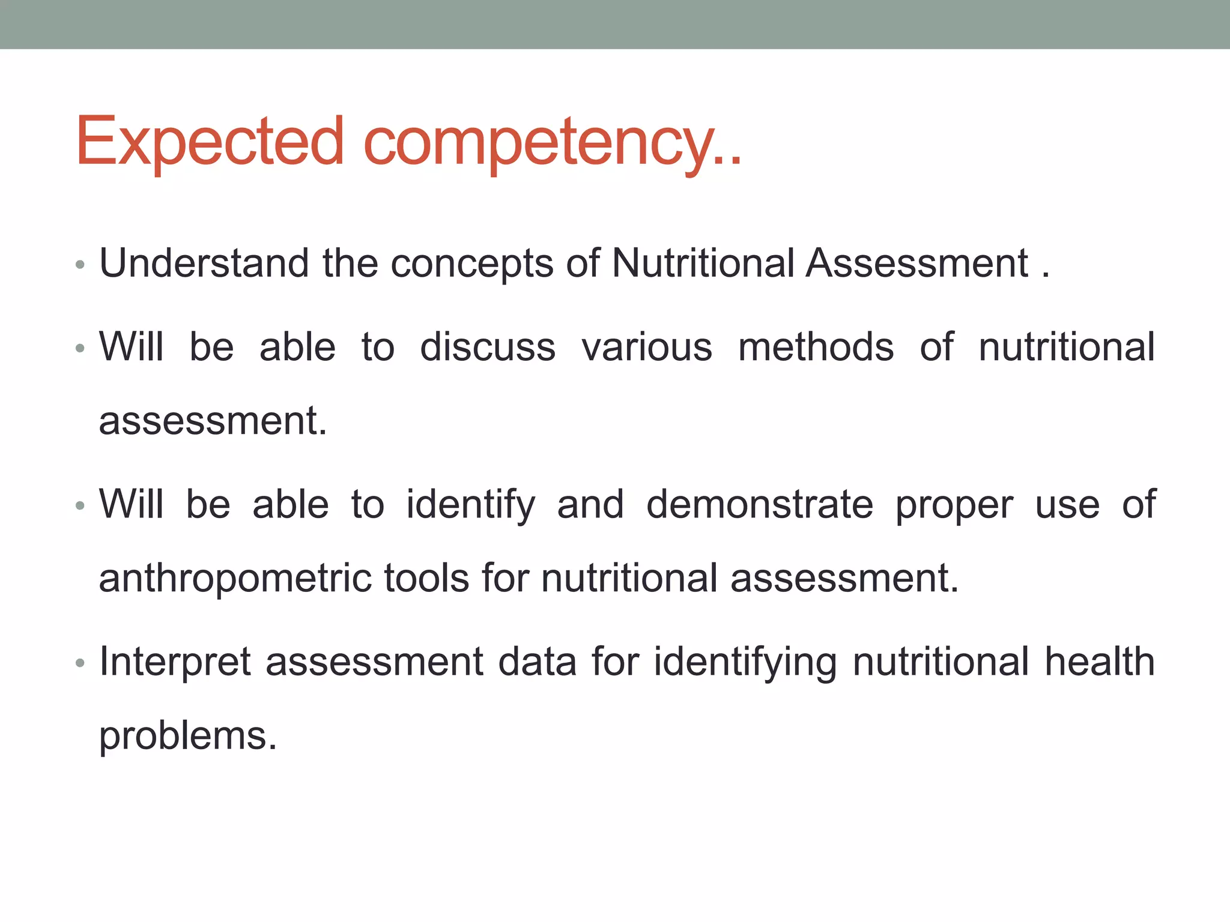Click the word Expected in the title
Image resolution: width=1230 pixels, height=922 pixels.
210,142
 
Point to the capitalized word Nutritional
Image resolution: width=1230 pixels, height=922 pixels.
703,264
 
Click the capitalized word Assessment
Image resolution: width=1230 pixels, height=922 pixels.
917,264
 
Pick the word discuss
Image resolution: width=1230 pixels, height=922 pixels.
488,348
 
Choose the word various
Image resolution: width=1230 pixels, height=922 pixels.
647,348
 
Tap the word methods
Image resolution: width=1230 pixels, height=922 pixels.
816,348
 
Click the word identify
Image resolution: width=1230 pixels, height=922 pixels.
470,506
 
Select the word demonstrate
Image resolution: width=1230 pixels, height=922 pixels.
760,505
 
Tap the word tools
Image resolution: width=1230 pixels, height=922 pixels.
426,578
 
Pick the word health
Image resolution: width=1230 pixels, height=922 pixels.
1099,662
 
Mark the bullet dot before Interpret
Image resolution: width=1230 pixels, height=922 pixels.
80,663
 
